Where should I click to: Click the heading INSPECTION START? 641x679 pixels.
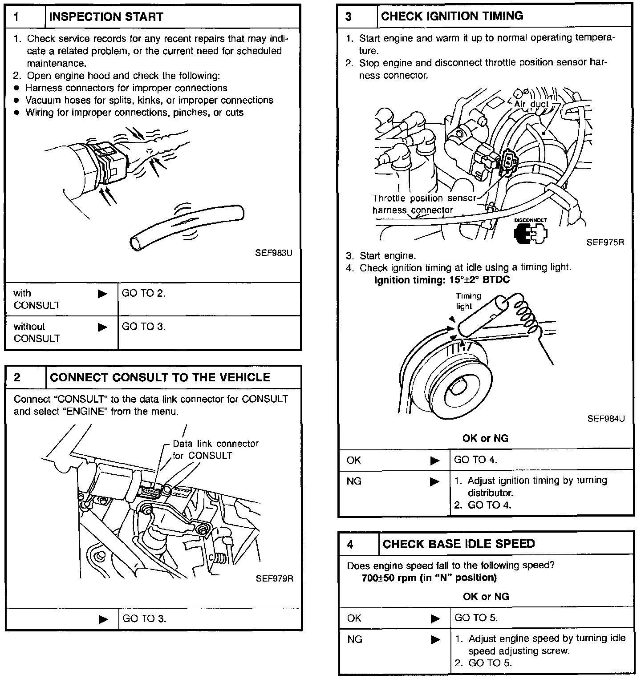pyautogui.click(x=106, y=17)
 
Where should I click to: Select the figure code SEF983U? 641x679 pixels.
pyautogui.click(x=273, y=253)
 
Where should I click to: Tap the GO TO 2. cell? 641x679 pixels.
pyautogui.click(x=143, y=293)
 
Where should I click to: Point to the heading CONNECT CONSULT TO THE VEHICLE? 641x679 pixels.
pyautogui.click(x=160, y=377)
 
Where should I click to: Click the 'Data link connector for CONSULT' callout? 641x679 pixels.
pyautogui.click(x=215, y=449)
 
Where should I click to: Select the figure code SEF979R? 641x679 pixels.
pyautogui.click(x=274, y=578)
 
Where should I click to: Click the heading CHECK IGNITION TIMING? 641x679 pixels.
pyautogui.click(x=452, y=16)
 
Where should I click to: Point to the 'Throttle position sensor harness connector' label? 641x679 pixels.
pyautogui.click(x=423, y=204)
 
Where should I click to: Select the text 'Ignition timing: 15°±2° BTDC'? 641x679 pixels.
pyautogui.click(x=442, y=280)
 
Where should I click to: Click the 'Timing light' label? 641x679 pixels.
pyautogui.click(x=468, y=301)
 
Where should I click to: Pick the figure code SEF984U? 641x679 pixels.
pyautogui.click(x=606, y=419)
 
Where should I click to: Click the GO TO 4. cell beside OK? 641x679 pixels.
pyautogui.click(x=475, y=460)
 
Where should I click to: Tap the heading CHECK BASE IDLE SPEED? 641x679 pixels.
pyautogui.click(x=458, y=544)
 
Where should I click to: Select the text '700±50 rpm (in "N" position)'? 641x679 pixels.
pyautogui.click(x=429, y=578)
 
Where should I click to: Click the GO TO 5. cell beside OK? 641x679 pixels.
pyautogui.click(x=476, y=618)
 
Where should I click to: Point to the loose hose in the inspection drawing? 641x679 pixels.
pyautogui.click(x=187, y=226)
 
